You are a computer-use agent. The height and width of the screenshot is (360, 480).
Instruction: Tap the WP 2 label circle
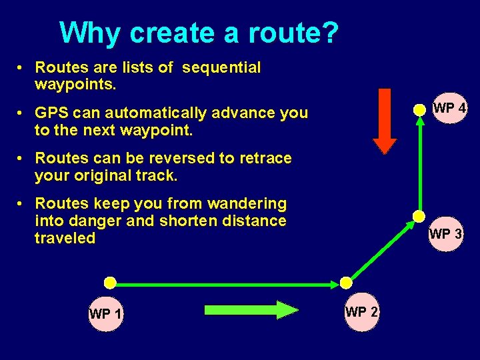coord(362,312)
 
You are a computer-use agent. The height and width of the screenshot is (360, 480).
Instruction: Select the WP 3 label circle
coord(445,234)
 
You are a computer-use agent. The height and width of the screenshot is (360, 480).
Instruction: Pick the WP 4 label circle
coord(449,108)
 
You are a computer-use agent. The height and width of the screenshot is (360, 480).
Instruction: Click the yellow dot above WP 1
coord(110,282)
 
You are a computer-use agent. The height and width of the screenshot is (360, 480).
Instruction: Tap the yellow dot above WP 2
coord(345,283)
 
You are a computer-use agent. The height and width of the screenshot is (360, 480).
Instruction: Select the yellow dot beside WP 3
coord(419,216)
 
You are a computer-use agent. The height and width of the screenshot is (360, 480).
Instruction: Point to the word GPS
coord(52,113)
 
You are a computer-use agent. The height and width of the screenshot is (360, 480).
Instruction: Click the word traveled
coord(65,238)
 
